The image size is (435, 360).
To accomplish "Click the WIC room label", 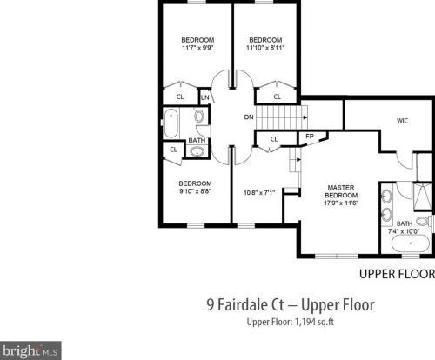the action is [x=402, y=121].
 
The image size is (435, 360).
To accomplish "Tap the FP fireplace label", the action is [x=310, y=136].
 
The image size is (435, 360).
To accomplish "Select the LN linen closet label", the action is [x=205, y=97].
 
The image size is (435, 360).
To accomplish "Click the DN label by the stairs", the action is [x=249, y=117].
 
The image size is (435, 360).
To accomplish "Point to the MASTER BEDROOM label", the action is [x=341, y=191].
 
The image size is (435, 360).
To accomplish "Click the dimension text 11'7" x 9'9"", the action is [x=197, y=48].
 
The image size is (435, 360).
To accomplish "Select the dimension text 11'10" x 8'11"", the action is [x=265, y=48].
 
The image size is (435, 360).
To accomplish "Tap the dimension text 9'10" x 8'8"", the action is [x=195, y=191].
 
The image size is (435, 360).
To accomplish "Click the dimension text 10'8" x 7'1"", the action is [x=259, y=193].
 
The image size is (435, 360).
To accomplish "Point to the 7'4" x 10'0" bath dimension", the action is [x=405, y=231].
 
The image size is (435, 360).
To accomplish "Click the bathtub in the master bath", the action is [x=411, y=243].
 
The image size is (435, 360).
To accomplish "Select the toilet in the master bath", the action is [x=423, y=222].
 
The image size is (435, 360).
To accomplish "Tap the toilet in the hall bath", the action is [x=199, y=116].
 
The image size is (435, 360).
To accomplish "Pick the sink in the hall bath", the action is [x=197, y=151].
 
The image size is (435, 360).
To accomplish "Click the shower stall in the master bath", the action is [x=423, y=196].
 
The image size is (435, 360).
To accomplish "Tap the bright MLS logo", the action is [x=30, y=350].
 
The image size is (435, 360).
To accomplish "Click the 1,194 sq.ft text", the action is [x=314, y=322].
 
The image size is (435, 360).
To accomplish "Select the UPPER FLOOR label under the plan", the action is [x=397, y=274].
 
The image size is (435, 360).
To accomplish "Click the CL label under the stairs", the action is [x=274, y=139].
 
